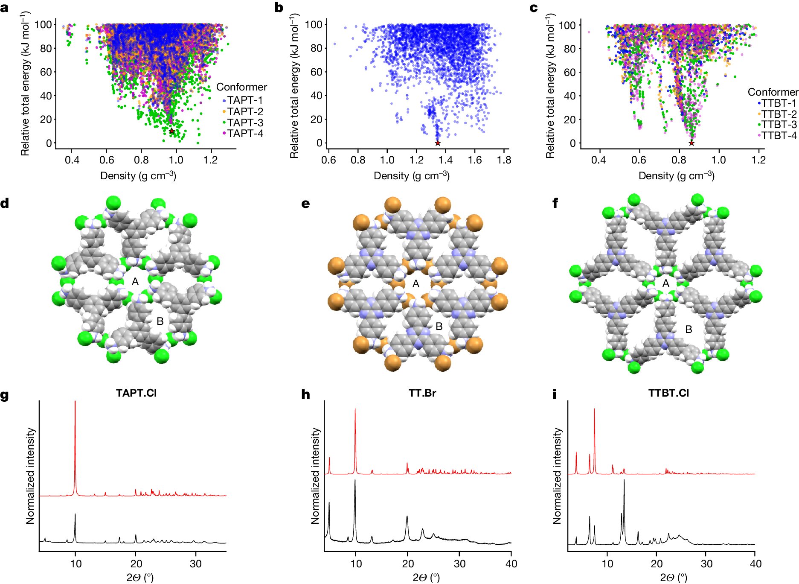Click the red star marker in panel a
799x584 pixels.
point(171,131)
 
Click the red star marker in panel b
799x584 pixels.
point(437,143)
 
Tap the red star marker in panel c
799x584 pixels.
point(691,143)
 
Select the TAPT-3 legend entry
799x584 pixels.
point(245,123)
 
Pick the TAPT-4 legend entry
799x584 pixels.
point(245,134)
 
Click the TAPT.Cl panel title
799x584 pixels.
point(136,393)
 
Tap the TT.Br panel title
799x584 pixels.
point(422,393)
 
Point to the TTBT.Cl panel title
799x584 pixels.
point(668,393)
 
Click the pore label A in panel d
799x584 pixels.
point(135,282)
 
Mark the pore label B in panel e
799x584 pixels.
point(439,327)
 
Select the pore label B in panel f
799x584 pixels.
point(689,330)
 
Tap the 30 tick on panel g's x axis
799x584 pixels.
point(196,564)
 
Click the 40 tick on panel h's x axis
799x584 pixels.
point(511,564)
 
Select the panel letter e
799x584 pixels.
point(305,204)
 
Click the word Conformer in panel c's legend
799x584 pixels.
point(773,92)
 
